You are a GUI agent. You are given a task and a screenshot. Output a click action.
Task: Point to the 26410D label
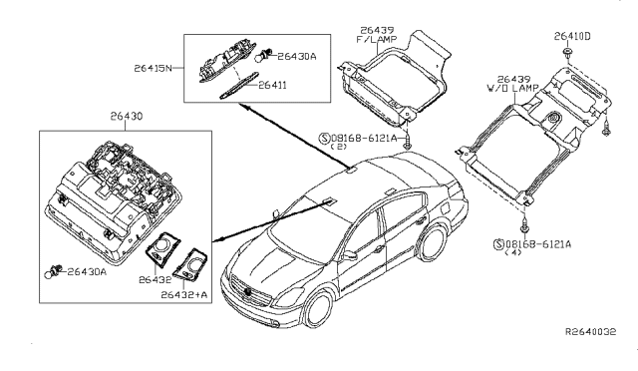pos(573,36)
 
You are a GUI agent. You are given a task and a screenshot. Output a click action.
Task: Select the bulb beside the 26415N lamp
pos(266,59)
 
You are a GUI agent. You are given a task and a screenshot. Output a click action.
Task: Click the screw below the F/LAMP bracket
pos(410,146)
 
